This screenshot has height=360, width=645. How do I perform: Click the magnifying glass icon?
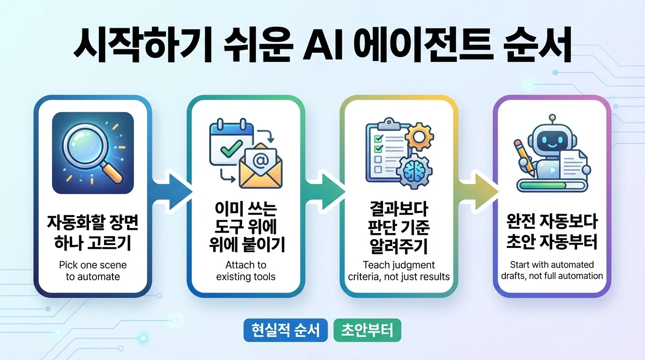[92, 151]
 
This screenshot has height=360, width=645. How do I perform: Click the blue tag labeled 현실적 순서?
[285, 330]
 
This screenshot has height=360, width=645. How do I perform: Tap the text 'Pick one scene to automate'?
[93, 271]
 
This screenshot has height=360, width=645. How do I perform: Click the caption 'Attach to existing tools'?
[246, 271]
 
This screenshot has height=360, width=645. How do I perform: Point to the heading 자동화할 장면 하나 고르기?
[93, 232]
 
